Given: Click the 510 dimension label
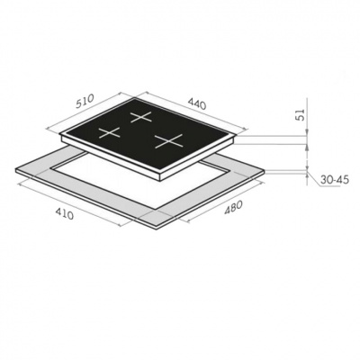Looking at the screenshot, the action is pos(85,101).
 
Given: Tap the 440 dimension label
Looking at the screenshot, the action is pos(197,103).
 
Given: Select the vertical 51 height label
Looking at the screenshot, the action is pos(301,114).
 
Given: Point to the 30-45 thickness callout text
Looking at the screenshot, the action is pos(335,180).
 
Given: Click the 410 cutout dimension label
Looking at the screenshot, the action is pos(64,214).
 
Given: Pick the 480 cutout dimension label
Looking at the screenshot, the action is pos(233,208).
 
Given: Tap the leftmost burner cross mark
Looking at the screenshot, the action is pos(110,132).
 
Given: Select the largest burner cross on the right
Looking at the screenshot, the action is pos(169,140).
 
